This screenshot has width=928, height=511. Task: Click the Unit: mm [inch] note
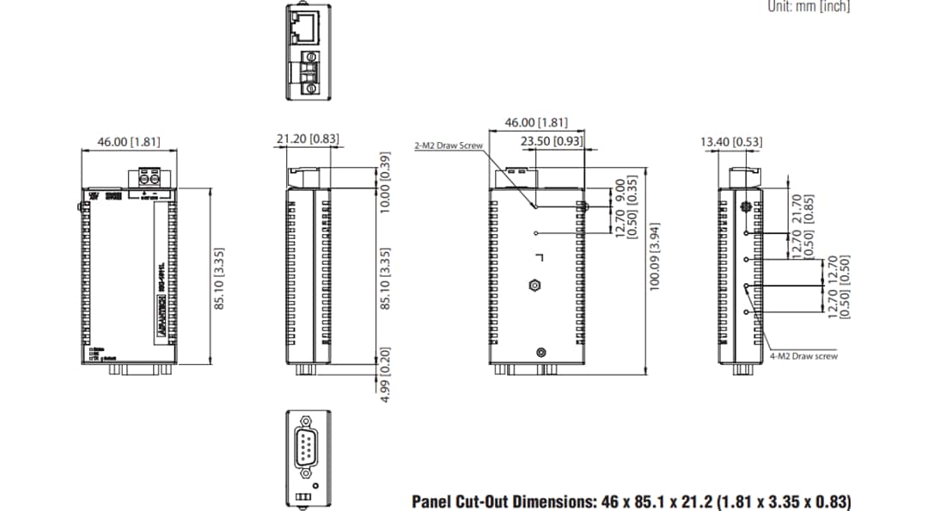click(x=808, y=7)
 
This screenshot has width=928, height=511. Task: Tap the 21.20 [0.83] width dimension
click(x=308, y=139)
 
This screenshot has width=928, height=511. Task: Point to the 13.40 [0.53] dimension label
click(x=731, y=142)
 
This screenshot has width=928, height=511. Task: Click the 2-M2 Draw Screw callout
click(x=449, y=146)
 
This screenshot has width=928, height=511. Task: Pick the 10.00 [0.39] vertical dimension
click(x=385, y=182)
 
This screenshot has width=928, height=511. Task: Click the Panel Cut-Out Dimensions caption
click(x=632, y=501)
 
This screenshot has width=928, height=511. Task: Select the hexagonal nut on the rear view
click(x=534, y=285)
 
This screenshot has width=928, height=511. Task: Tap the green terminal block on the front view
click(x=150, y=179)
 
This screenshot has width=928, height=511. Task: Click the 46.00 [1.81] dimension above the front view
click(x=129, y=142)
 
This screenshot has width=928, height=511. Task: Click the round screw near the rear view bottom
click(x=540, y=352)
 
